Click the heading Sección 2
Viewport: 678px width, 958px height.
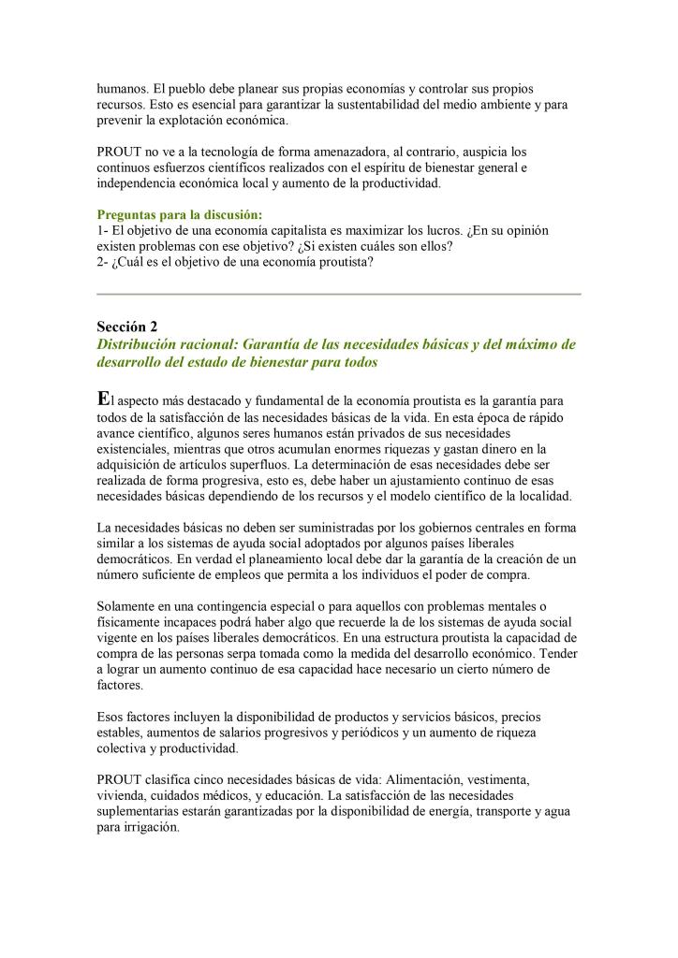pos(127,327)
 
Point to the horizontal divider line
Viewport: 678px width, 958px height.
pos(339,294)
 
